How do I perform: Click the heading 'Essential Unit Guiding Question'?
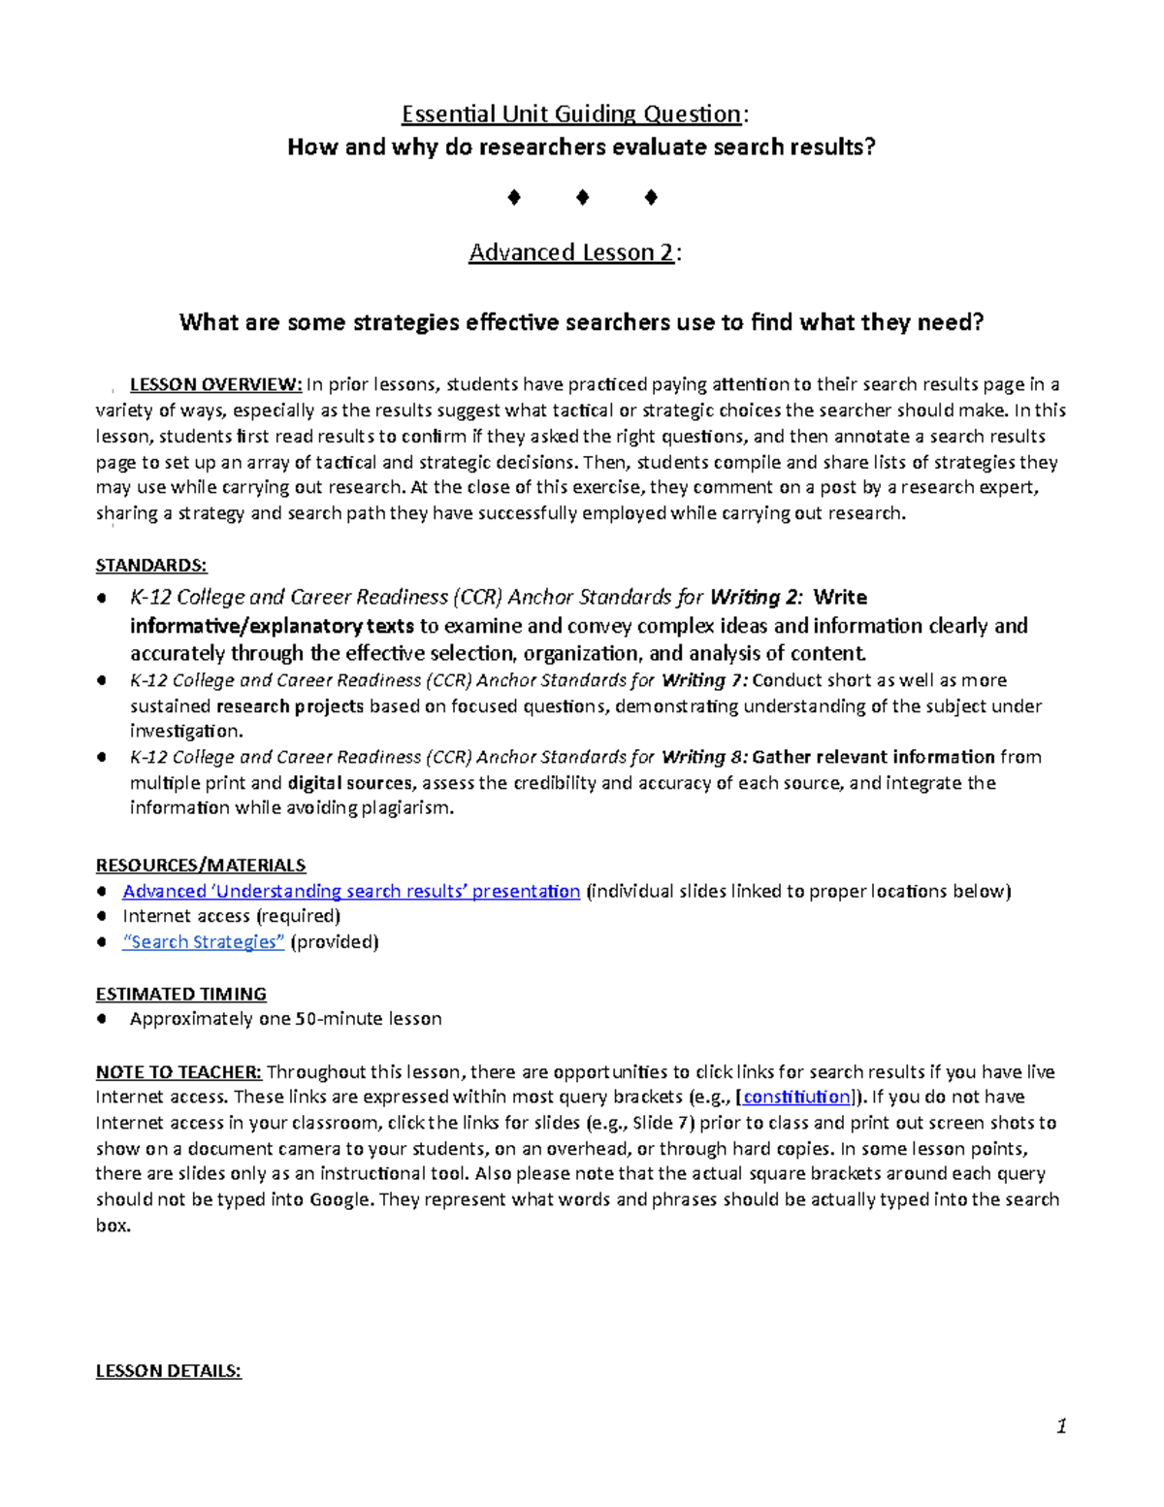pos(571,115)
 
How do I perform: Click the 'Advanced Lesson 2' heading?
pos(571,252)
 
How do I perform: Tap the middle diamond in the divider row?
pos(582,198)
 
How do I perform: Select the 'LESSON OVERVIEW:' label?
pos(216,384)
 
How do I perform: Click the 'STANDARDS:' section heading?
pos(151,566)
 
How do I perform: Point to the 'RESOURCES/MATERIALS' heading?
pos(201,865)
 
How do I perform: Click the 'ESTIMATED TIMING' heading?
pos(181,994)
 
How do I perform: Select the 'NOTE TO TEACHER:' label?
pos(178,1072)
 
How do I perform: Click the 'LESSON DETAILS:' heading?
pos(168,1371)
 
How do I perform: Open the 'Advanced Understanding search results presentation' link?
pos(351,891)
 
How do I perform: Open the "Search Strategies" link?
pos(204,942)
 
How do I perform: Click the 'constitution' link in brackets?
pos(796,1097)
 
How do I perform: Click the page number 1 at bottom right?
pos(1061,1426)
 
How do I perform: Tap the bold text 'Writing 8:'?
pos(704,757)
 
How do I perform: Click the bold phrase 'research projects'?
pos(290,706)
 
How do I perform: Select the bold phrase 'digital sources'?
pos(352,783)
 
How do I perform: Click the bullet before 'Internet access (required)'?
pos(102,917)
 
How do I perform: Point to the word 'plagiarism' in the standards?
pos(406,808)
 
